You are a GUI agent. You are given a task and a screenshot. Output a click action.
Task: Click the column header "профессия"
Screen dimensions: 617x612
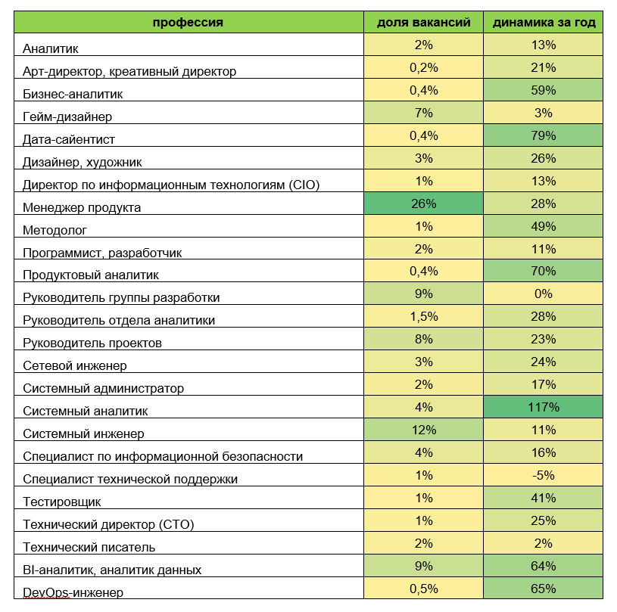(188, 23)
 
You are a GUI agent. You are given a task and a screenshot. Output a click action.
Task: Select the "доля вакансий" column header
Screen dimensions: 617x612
(424, 23)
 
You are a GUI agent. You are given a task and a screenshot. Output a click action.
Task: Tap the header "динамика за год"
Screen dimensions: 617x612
(544, 23)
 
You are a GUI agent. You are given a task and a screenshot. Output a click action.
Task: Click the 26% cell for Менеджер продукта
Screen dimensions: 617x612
(424, 203)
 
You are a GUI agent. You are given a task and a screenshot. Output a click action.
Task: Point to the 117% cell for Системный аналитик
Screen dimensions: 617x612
(544, 407)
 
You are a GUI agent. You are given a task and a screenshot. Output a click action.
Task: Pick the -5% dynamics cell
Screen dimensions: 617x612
(544, 475)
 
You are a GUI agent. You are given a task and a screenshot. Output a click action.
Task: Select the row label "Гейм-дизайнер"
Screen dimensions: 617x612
(67, 116)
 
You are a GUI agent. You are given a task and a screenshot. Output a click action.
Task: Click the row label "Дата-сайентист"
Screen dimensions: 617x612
(69, 140)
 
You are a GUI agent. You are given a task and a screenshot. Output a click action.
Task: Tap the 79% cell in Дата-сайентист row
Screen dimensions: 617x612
(544, 135)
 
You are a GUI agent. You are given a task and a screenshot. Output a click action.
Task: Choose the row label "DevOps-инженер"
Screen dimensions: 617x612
(73, 592)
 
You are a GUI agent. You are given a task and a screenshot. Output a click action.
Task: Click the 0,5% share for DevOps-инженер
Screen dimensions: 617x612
(424, 589)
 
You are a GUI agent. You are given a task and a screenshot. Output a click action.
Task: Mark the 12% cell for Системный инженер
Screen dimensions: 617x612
(424, 430)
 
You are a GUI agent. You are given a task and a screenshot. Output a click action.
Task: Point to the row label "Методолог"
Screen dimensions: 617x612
(55, 230)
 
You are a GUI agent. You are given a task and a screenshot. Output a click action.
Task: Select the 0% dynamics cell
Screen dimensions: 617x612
(544, 294)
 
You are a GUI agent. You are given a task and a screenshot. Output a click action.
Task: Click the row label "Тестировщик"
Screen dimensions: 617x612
(62, 502)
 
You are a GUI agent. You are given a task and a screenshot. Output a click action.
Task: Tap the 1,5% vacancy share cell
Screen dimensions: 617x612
(424, 317)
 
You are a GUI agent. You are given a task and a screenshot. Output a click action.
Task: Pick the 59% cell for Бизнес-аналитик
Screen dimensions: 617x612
(544, 91)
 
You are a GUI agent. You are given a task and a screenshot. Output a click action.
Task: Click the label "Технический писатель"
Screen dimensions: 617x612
(89, 547)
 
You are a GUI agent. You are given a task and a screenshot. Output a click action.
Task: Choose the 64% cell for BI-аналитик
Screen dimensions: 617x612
(544, 566)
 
